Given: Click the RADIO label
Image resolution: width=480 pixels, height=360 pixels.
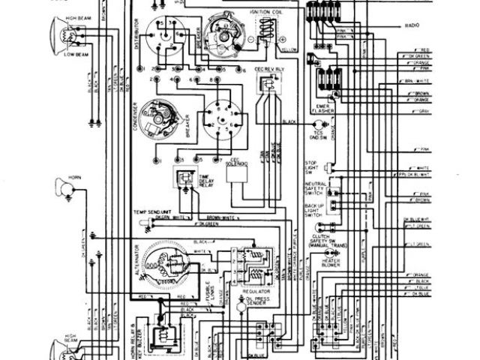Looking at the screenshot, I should [412, 25].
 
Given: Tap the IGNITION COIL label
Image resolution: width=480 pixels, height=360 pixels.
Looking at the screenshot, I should [268, 12].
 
